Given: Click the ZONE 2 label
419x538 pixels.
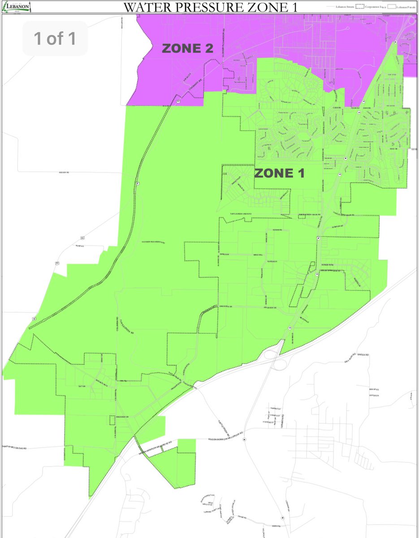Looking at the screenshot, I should [187, 49].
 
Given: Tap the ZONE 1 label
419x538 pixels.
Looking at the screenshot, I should [280, 174].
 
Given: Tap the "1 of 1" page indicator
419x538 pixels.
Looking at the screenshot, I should [55, 39].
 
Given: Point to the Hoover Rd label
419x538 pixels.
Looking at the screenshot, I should [65, 172].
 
